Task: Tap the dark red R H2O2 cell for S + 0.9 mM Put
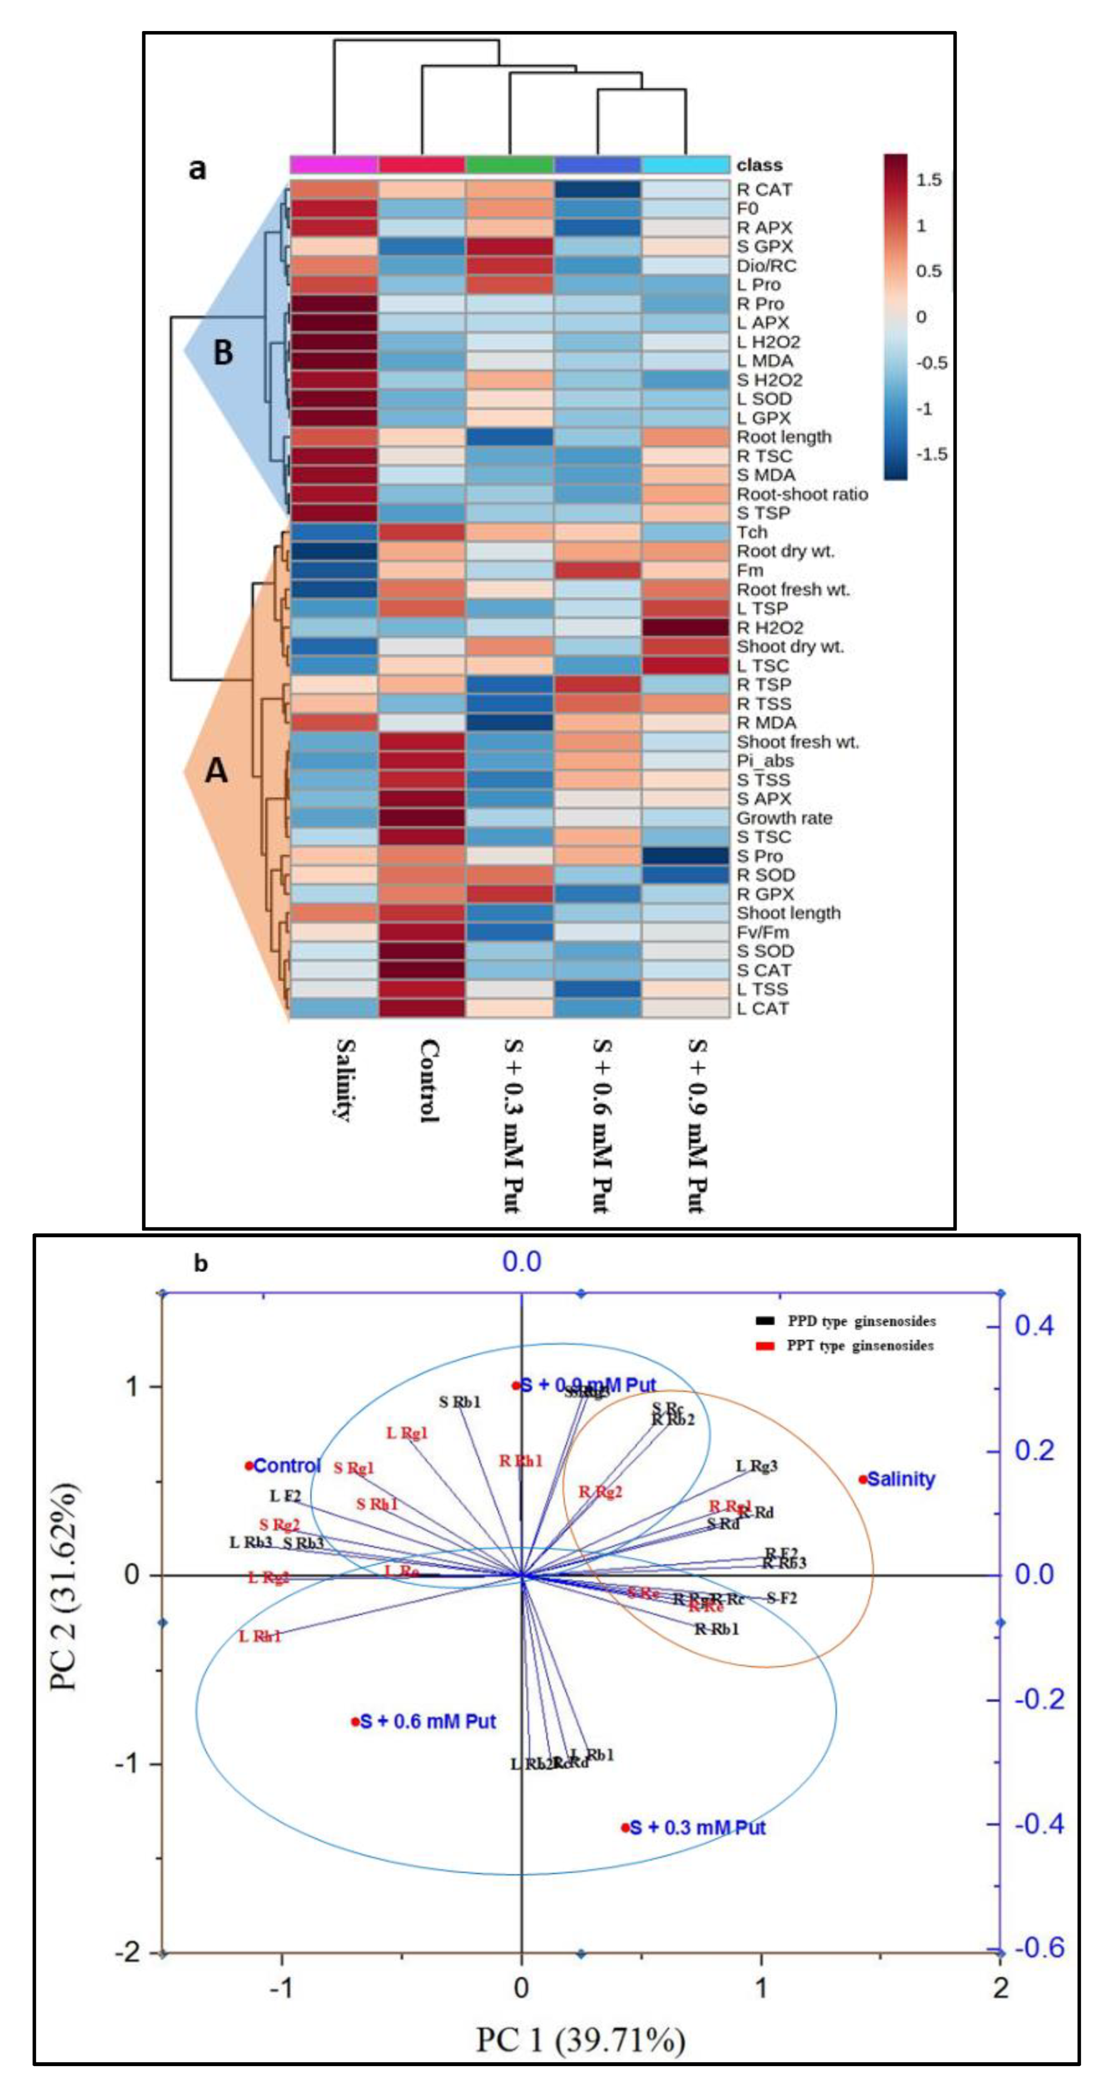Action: [x=685, y=627]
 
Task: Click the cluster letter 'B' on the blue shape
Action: [x=222, y=353]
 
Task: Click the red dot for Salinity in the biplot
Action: [x=863, y=1480]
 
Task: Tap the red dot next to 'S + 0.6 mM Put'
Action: [x=355, y=1722]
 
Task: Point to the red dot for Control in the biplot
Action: [x=249, y=1465]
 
